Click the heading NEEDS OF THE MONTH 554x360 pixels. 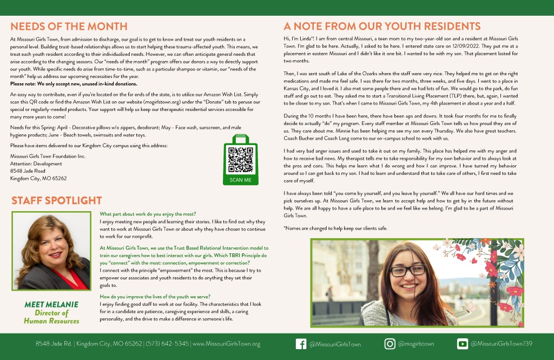[69, 27]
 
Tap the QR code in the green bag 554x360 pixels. [240, 158]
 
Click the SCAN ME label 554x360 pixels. [240, 180]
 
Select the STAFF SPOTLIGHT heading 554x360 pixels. [56, 201]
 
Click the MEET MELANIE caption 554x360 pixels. [51, 305]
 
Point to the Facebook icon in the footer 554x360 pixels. [301, 344]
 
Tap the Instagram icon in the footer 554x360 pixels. [390, 344]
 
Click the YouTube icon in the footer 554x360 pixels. [463, 344]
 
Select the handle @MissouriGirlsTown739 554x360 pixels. [502, 344]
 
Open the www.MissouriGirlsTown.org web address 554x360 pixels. [226, 344]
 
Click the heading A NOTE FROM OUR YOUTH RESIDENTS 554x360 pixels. [382, 27]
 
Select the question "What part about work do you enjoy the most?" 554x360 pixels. [148, 214]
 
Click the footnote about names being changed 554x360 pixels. [335, 228]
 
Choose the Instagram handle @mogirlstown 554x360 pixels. [416, 344]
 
